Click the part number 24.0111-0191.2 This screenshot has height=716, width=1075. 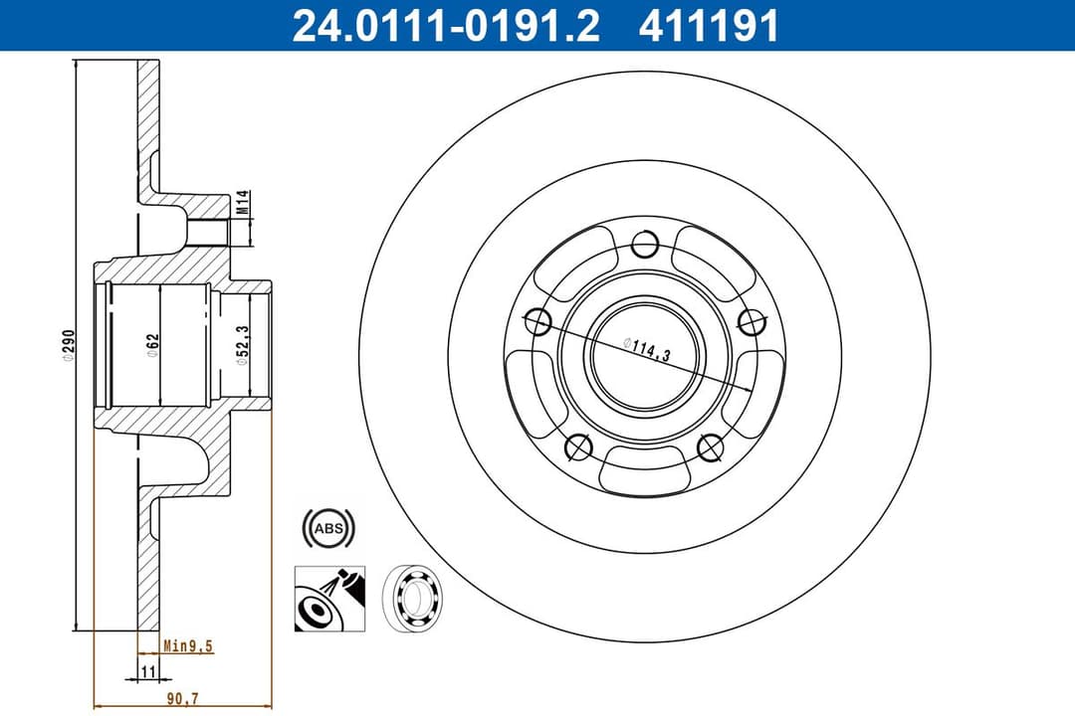446,27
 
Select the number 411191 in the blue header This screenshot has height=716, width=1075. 709,27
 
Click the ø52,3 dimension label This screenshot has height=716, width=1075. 242,345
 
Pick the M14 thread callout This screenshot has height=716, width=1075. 241,205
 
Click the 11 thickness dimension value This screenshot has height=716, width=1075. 149,672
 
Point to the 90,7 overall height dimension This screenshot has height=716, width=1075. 182,699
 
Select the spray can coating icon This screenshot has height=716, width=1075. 329,598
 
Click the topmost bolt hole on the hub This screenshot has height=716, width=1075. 645,244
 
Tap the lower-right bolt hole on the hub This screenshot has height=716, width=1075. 711,448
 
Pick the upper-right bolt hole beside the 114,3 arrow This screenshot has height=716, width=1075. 752,321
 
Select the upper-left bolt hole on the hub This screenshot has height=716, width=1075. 537,321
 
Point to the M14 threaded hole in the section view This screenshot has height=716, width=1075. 210,231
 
